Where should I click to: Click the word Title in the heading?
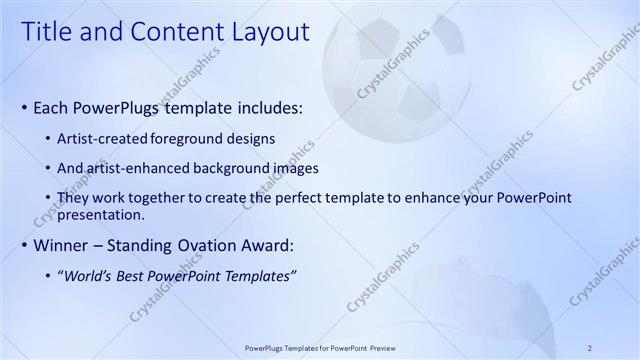pos(47,32)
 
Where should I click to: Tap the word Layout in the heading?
pos(268,32)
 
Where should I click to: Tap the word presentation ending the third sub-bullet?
pos(103,214)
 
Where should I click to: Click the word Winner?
pos(61,245)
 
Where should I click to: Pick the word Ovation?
pos(195,245)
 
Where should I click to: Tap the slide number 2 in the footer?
pos(590,348)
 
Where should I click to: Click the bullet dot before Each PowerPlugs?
pos(24,108)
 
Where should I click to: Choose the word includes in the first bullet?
pos(269,107)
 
